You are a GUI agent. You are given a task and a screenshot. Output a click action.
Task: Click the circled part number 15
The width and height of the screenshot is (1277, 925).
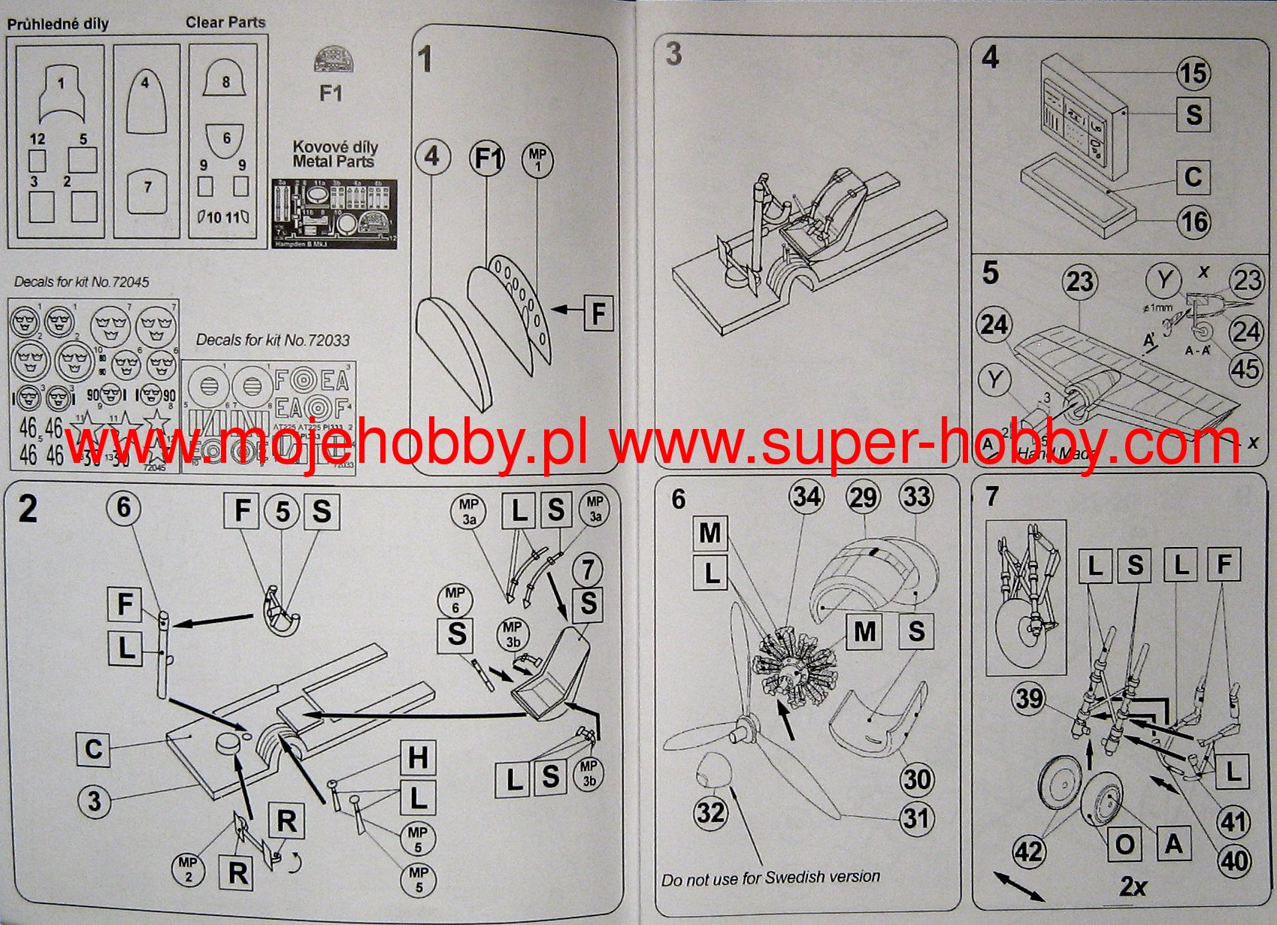pos(1193,73)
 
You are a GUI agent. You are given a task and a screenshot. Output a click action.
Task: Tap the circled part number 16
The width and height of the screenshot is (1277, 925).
pos(1194,222)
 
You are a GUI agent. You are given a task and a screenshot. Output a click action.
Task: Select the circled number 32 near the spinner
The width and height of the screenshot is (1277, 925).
pos(710,812)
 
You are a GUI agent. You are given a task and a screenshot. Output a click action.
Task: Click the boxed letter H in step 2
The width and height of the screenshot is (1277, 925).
pos(418,757)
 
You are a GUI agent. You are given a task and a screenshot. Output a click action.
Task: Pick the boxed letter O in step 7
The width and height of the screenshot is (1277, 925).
pos(1125,845)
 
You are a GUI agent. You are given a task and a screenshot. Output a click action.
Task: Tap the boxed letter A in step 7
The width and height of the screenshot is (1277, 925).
pos(1173,845)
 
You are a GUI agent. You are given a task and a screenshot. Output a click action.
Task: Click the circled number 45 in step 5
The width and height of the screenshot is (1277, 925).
pos(1245,369)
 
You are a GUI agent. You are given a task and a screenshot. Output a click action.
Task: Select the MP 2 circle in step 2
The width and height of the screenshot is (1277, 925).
pos(188,869)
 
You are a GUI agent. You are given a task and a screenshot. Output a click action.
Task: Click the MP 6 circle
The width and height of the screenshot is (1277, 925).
pos(455,600)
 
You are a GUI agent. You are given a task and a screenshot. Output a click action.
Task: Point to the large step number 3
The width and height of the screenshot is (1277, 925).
pos(673,53)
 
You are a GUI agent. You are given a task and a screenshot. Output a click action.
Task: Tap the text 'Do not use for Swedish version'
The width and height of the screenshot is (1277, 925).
pos(770,878)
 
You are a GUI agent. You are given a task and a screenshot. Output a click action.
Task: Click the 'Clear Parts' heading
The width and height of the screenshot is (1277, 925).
pos(225,23)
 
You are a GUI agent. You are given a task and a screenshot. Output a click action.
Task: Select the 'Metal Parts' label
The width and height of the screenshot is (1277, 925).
pos(334,161)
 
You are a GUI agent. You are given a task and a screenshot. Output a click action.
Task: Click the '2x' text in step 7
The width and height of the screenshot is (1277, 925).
pos(1133,887)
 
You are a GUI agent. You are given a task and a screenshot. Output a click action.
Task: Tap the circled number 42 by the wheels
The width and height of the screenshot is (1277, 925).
pos(1028,851)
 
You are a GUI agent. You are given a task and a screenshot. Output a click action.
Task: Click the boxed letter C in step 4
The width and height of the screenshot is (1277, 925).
pos(1193,177)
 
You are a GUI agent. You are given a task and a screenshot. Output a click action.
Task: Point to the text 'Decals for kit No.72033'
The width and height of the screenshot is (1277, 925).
pos(273,340)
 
